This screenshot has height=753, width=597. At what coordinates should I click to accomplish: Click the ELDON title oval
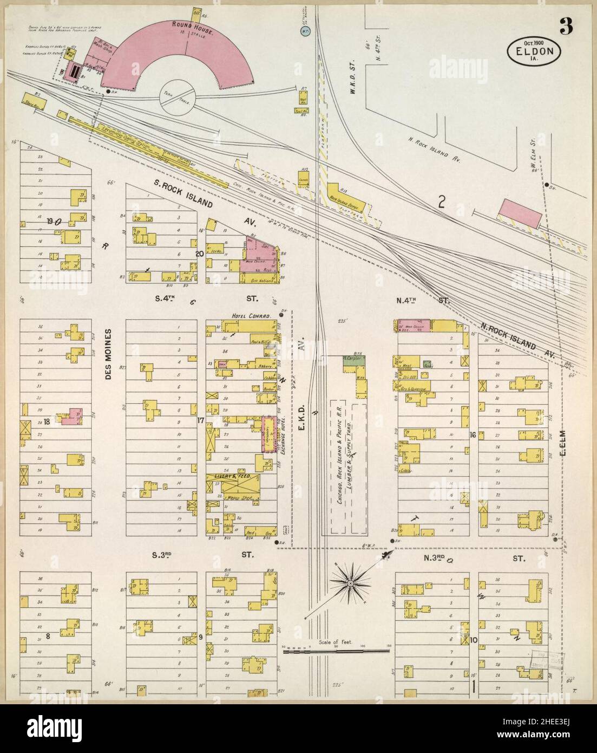[534, 51]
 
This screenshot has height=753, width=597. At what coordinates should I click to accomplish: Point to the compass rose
[350, 583]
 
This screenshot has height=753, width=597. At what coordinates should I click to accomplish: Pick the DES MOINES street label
[108, 354]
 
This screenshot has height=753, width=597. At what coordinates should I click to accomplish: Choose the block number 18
[48, 421]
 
